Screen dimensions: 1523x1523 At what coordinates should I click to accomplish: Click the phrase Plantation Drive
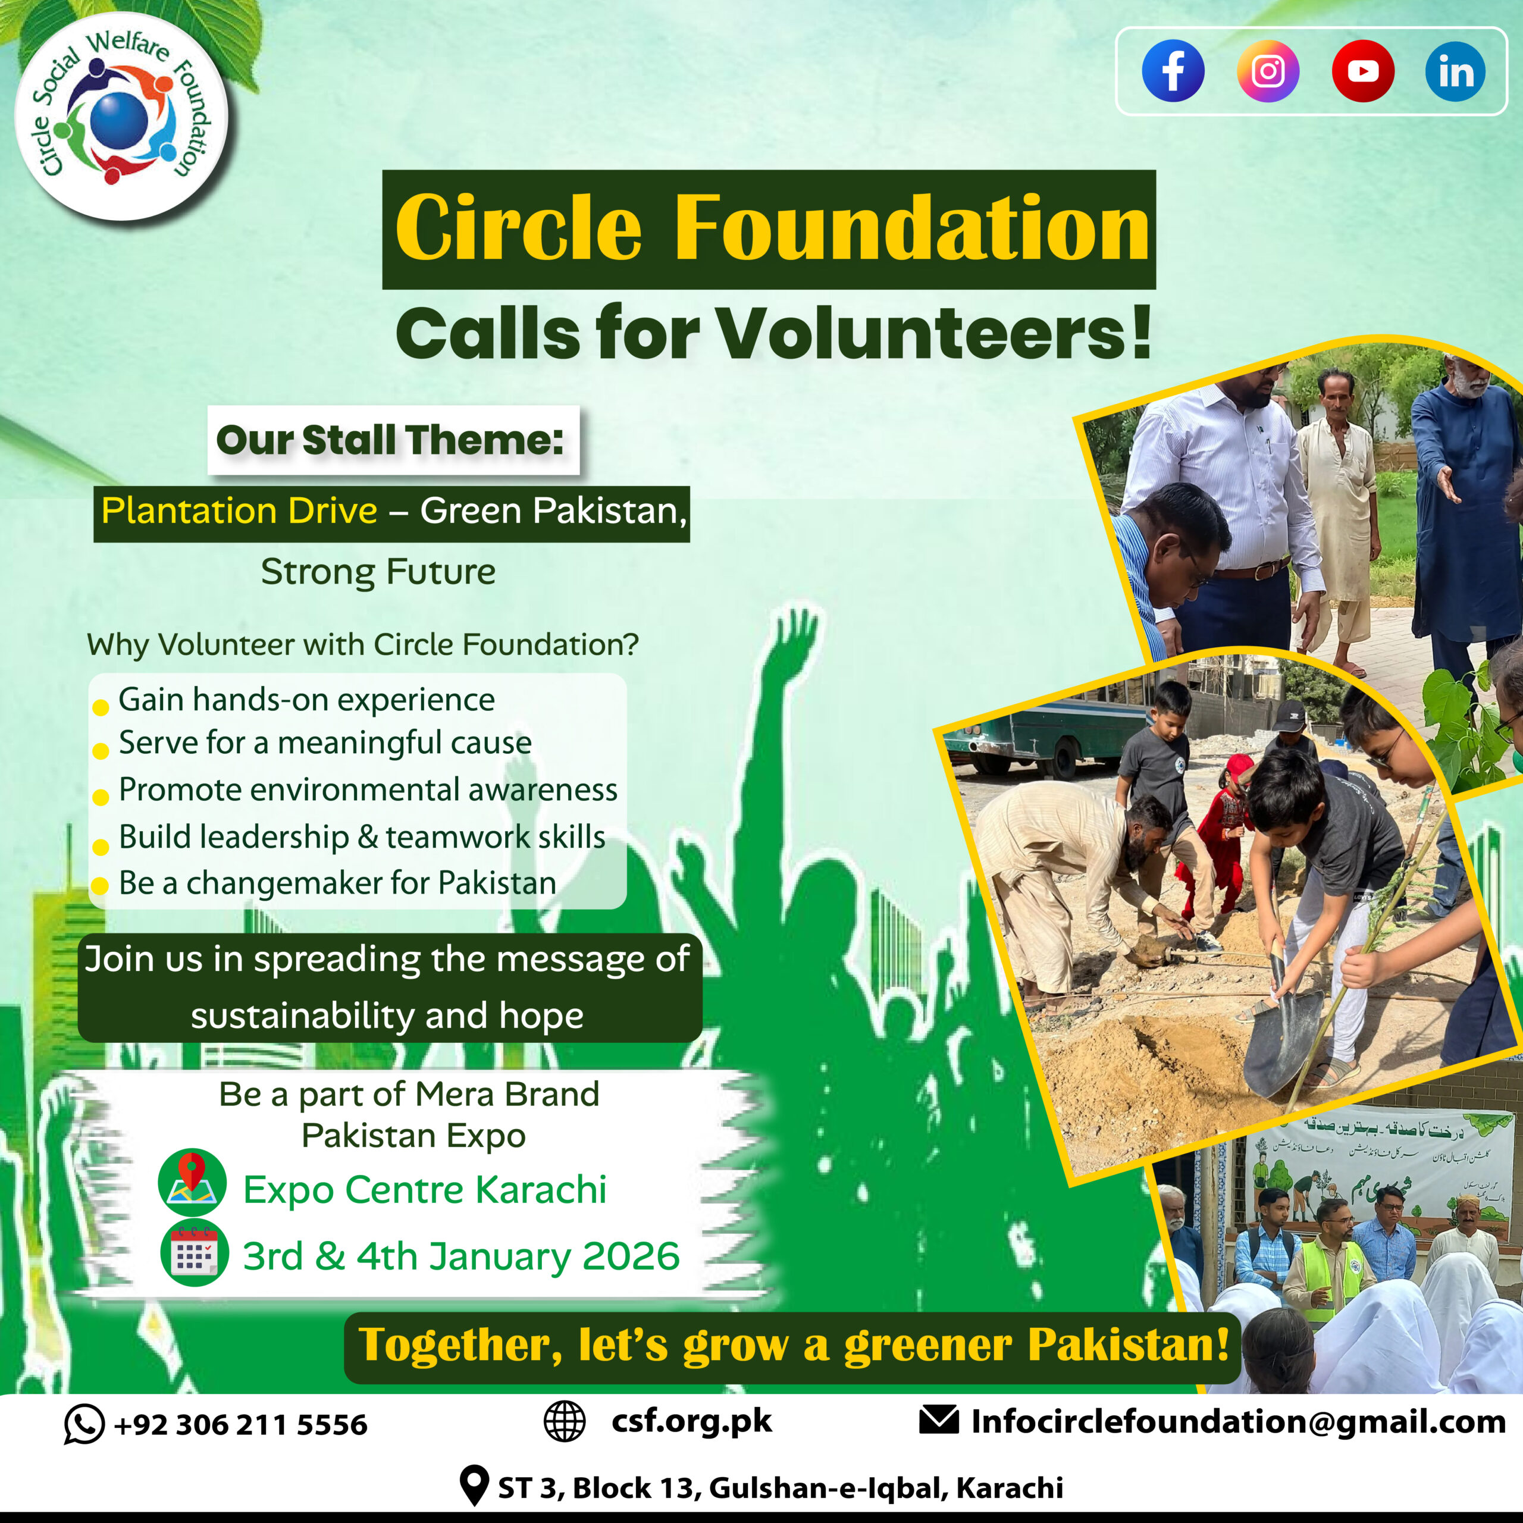239,512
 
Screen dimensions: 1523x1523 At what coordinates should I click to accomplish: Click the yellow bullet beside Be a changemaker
100,885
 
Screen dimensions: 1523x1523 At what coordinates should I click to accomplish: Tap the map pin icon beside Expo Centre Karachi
192,1182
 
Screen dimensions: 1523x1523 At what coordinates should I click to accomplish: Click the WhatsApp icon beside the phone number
84,1424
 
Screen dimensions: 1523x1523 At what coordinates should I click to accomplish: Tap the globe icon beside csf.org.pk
565,1421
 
